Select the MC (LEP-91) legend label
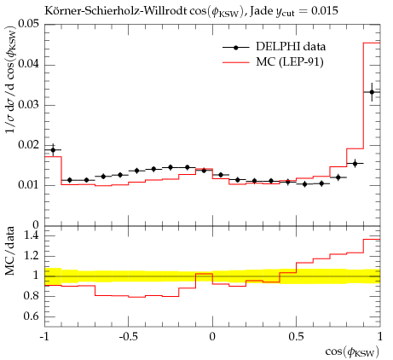pos(290,61)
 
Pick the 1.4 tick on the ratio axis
pos(32,235)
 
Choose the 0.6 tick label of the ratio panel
pos(32,316)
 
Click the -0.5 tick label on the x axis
pos(128,337)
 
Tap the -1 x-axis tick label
pos(44,337)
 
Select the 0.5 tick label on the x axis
pos(296,337)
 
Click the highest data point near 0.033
pos(372,92)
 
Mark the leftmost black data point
pos(53,150)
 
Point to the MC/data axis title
pos(10,251)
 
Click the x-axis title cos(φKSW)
pos(352,352)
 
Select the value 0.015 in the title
pos(325,11)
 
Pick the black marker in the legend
pos(235,47)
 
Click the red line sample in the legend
pos(236,62)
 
